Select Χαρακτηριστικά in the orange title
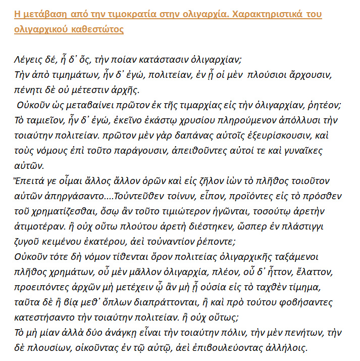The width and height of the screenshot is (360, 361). pyautogui.click(x=267, y=14)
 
